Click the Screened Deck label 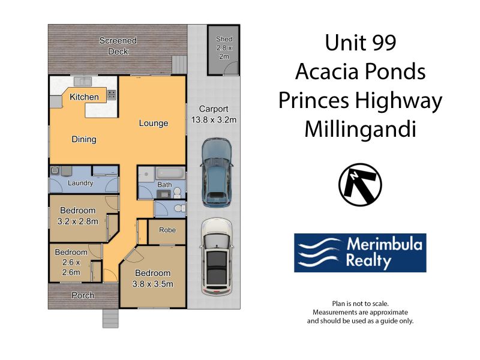pyautogui.click(x=118, y=46)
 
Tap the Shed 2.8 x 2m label pyautogui.click(x=224, y=48)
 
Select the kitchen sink pyautogui.click(x=83, y=82)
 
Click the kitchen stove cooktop pyautogui.click(x=112, y=95)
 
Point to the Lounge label pyautogui.click(x=154, y=123)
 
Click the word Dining pyautogui.click(x=84, y=139)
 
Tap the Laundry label pyautogui.click(x=80, y=183)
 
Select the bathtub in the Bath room pyautogui.click(x=170, y=173)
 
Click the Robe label pyautogui.click(x=167, y=230)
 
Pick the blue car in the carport pyautogui.click(x=216, y=173)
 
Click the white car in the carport pyautogui.click(x=217, y=257)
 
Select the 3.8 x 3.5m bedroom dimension pyautogui.click(x=153, y=284)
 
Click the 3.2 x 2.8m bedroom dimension pyautogui.click(x=78, y=221)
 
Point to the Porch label pyautogui.click(x=83, y=295)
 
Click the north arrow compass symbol pyautogui.click(x=360, y=185)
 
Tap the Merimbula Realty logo pyautogui.click(x=360, y=253)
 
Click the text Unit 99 pyautogui.click(x=361, y=43)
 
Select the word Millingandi pyautogui.click(x=361, y=129)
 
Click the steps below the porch pyautogui.click(x=110, y=319)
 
